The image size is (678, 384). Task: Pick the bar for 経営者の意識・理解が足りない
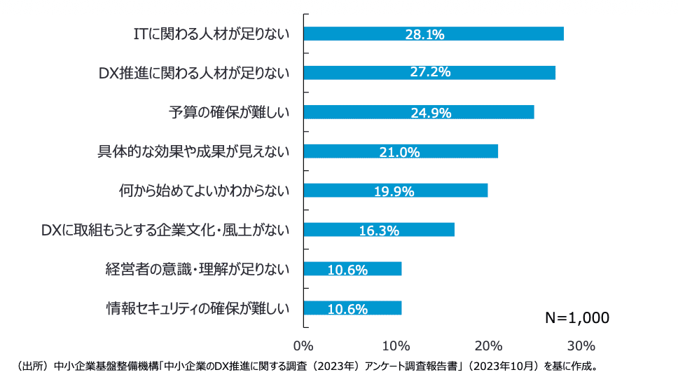378,269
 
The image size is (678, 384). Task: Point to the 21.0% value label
401,151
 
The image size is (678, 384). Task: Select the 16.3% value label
379,230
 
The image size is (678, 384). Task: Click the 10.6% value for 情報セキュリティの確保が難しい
347,308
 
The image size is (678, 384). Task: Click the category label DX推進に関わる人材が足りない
194,73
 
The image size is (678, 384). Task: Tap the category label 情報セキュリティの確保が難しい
198,308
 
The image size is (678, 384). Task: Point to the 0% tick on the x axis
303,346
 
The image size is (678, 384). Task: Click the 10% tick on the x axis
396,346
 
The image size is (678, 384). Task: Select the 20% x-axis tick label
489,346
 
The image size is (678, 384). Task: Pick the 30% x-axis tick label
581,346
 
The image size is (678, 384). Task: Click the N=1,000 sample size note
577,317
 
